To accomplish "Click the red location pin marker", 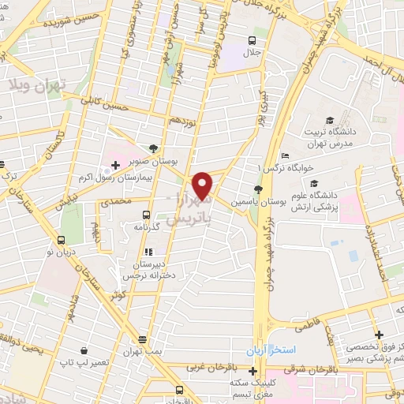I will click(x=204, y=185).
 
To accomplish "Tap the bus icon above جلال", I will click(x=252, y=40).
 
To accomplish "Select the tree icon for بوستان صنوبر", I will click(x=153, y=148).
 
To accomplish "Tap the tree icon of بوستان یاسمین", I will click(x=256, y=188).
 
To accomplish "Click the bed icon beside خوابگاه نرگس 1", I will click(x=285, y=155).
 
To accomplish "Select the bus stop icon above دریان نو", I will click(x=61, y=241).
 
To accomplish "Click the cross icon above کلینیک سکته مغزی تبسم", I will click(x=252, y=372).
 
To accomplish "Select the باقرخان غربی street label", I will click(x=203, y=367).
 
